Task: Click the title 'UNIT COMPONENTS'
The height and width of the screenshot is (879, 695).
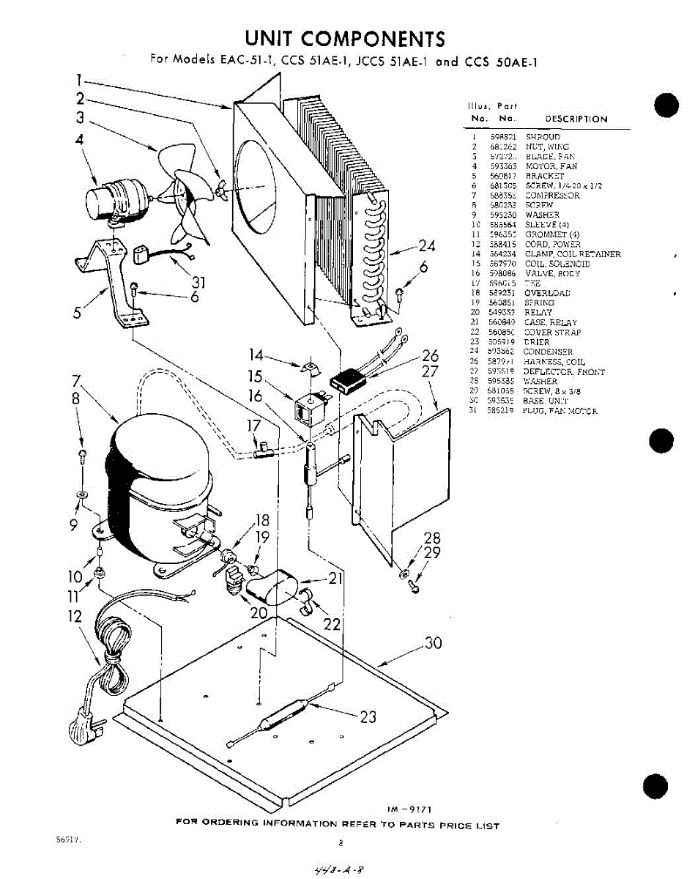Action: coord(345,38)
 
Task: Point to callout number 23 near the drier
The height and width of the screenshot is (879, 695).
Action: coord(368,716)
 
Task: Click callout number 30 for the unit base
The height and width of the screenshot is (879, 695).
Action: coord(434,643)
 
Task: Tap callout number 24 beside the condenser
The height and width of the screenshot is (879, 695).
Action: coord(427,245)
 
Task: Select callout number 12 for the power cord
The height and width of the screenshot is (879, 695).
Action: coord(76,617)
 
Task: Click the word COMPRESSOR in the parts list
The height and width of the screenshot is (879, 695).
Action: coord(552,196)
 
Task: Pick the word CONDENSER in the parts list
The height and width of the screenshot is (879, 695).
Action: coord(548,352)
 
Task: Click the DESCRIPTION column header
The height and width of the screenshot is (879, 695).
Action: coord(576,119)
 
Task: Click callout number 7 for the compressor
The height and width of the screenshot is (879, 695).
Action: coord(75,382)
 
